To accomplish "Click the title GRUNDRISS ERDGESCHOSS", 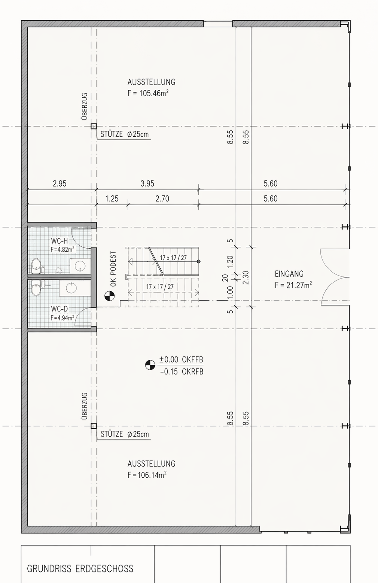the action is click(80, 569).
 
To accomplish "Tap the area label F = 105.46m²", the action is click(148, 93).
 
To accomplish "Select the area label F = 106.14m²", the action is click(147, 475).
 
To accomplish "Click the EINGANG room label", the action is click(289, 274).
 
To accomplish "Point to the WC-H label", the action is click(60, 241).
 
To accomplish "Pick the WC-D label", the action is click(60, 309).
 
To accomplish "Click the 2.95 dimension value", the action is click(60, 183).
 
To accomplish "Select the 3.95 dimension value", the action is click(147, 183).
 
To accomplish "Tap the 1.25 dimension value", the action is click(112, 199).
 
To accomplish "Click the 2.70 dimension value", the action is click(162, 199).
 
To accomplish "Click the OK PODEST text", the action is click(113, 269).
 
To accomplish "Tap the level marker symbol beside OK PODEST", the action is click(109, 296).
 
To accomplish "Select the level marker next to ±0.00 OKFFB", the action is click(150, 365).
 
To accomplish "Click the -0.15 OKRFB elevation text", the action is click(182, 372).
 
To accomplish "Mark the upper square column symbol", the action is click(94, 127).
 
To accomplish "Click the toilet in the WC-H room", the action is click(36, 266).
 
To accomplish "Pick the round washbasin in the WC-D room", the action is click(71, 288).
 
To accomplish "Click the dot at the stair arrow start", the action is click(199, 261).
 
